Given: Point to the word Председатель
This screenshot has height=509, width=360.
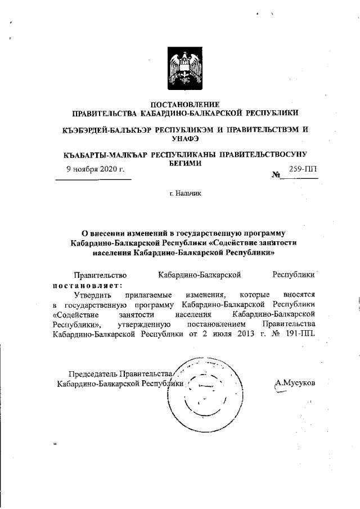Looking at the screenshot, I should click(93, 374).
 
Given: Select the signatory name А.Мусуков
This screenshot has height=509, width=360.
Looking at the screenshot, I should click(295, 383).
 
